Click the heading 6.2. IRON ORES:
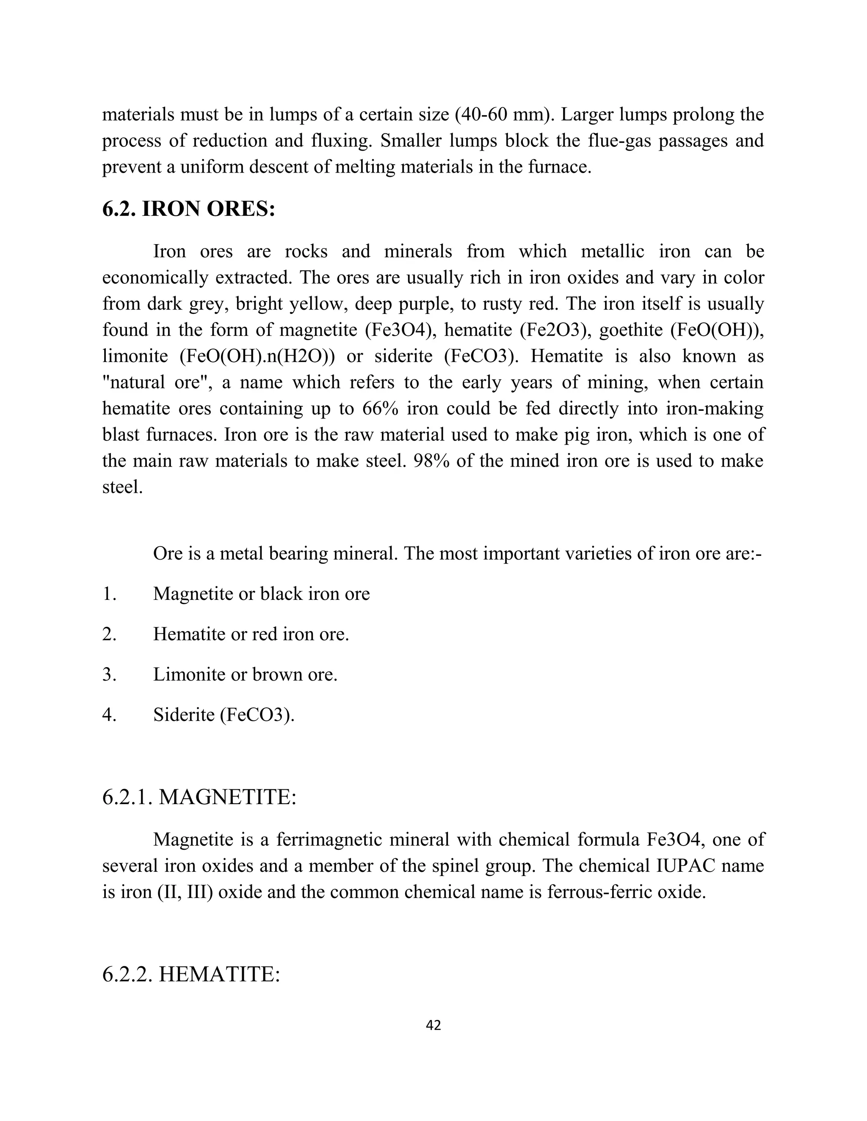(x=188, y=209)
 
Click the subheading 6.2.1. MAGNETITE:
(x=199, y=797)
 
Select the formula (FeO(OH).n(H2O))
(x=257, y=356)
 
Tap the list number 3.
(x=109, y=674)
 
